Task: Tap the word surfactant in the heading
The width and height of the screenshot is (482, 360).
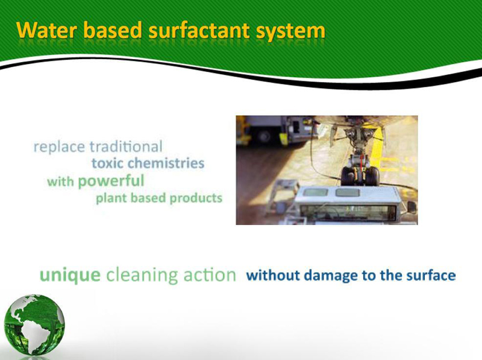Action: [x=199, y=31]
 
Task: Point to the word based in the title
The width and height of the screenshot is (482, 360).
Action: [x=113, y=31]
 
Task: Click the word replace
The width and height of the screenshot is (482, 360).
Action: [x=59, y=147]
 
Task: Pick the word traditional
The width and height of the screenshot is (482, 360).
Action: [x=126, y=147]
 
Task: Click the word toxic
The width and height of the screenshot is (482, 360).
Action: [x=107, y=163]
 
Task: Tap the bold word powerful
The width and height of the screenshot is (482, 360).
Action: [x=111, y=182]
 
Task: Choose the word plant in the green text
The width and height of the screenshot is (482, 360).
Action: [x=111, y=198]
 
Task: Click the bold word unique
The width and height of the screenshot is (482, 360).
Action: [x=70, y=276]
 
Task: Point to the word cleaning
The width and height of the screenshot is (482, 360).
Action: [x=142, y=276]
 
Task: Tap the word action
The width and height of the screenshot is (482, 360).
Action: [x=210, y=275]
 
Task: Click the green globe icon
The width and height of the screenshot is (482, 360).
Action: [x=34, y=324]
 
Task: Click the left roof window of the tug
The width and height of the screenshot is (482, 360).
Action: [x=316, y=192]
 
